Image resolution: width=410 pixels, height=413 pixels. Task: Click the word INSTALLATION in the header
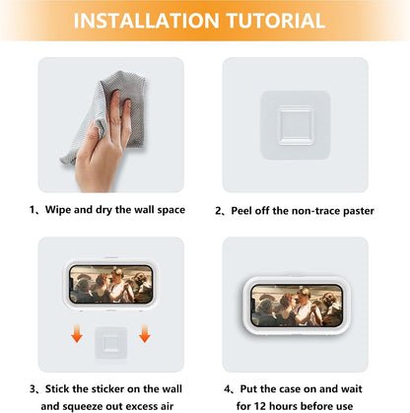146,21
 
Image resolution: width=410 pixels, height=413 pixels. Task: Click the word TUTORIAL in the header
276,21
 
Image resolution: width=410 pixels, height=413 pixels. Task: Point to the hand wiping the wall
102,148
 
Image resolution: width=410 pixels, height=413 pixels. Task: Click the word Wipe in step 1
58,210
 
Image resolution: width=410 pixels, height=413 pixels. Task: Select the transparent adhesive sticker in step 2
295,125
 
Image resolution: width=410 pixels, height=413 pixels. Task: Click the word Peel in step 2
241,211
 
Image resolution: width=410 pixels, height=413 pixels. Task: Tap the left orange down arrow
77,333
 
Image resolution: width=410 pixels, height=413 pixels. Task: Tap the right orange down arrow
145,333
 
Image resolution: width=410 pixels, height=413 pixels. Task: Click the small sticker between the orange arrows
111,343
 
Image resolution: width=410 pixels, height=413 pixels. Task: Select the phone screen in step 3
111,284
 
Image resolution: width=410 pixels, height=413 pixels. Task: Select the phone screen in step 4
297,306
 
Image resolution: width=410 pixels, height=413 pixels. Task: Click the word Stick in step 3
57,389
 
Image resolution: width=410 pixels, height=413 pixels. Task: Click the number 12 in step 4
259,406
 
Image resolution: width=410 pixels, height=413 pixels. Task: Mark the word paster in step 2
359,211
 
